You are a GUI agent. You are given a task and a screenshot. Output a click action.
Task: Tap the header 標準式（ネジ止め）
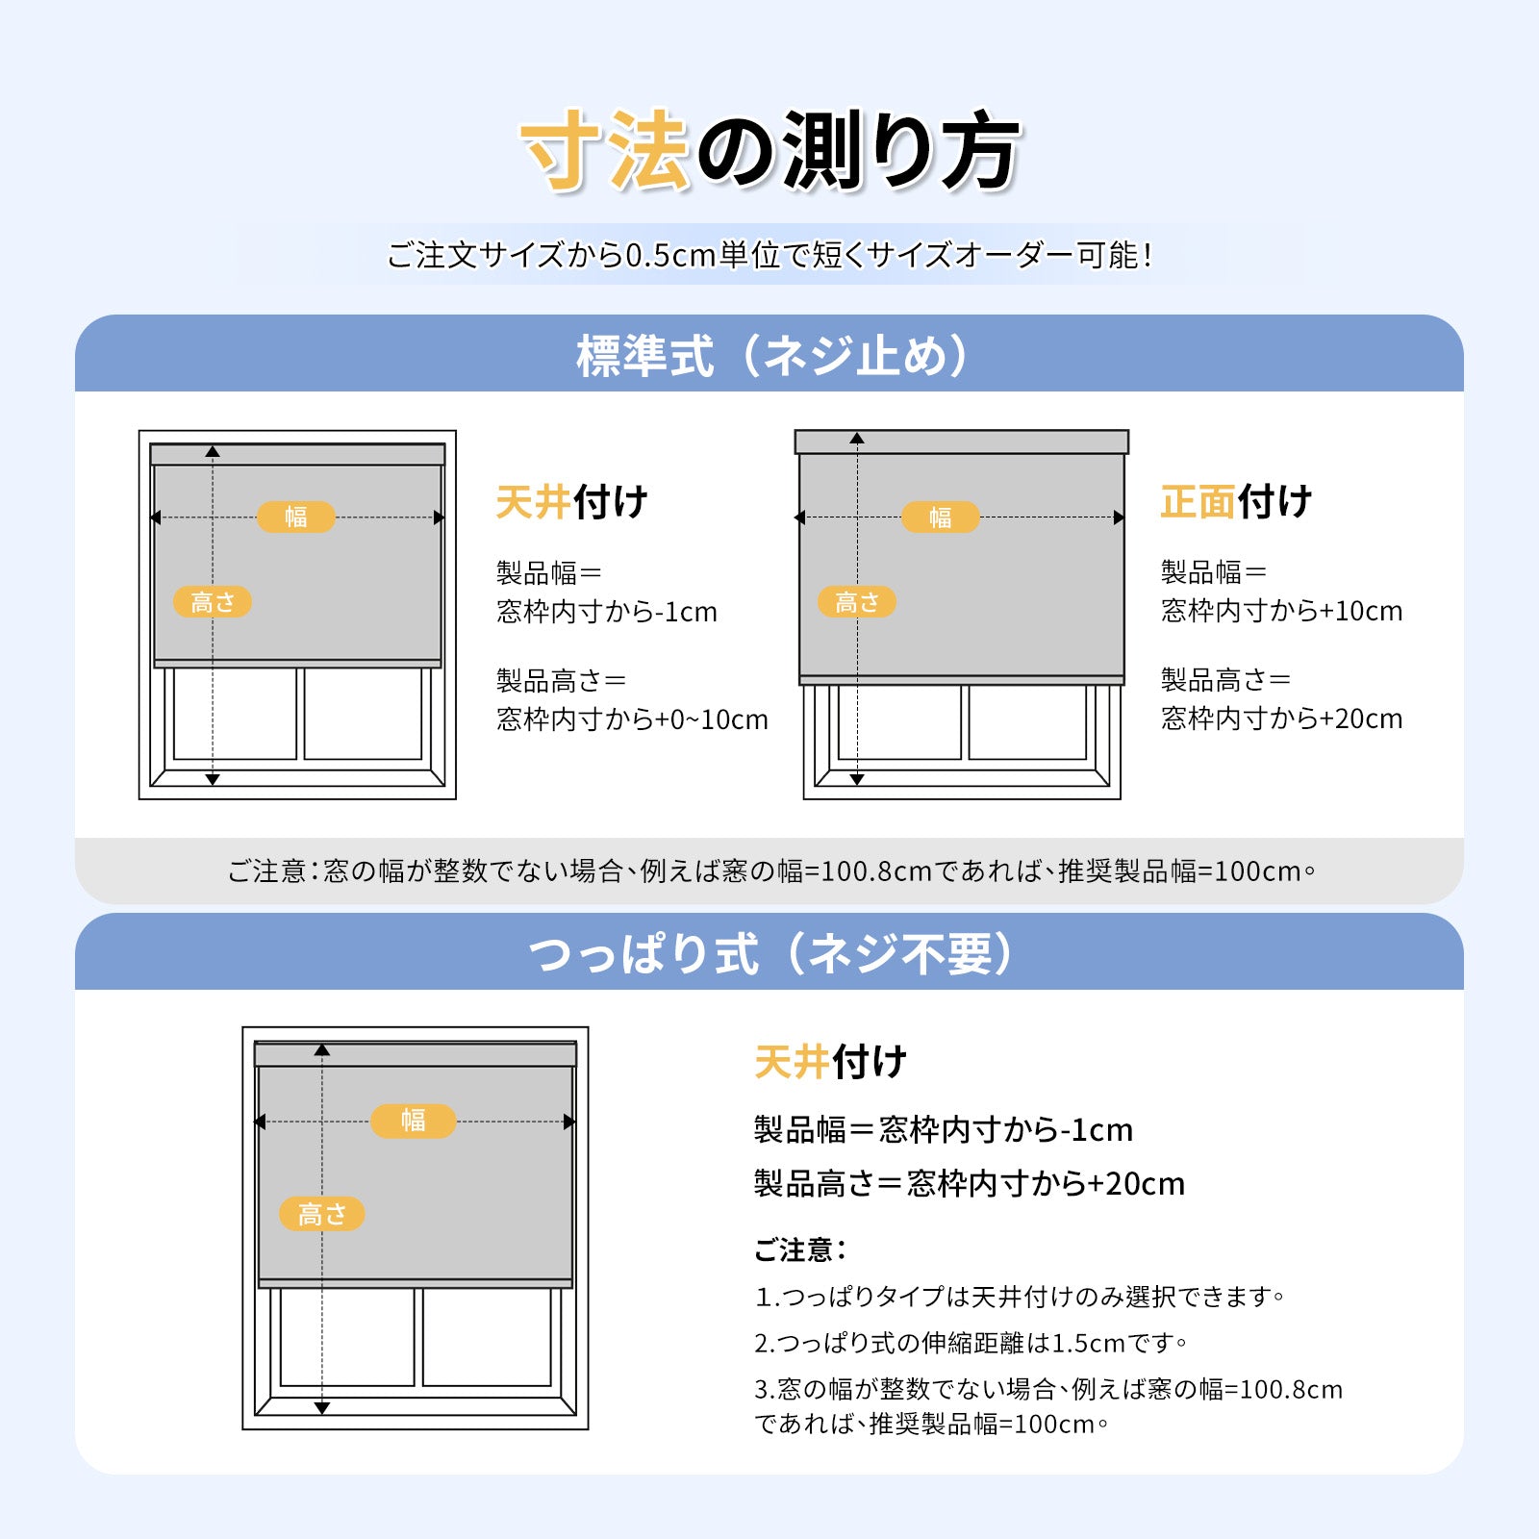pos(769,355)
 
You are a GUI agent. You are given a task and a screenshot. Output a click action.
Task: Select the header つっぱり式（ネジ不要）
pos(769,953)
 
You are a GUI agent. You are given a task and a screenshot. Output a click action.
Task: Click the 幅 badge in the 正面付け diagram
pos(940,517)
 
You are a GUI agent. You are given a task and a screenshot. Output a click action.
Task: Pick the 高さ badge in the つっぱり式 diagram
pos(321,1214)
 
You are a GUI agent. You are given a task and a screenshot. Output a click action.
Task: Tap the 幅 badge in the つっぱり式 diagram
pos(413,1121)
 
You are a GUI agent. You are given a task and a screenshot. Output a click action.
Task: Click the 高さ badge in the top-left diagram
pos(213,602)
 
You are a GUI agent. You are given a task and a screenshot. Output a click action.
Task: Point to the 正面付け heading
pos(1236,501)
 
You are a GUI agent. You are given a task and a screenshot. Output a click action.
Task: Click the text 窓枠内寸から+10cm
pos(1281,611)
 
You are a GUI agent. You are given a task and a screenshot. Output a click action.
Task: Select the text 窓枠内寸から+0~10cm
pos(632,719)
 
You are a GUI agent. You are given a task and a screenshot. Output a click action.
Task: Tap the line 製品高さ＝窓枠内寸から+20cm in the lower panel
pos(970,1183)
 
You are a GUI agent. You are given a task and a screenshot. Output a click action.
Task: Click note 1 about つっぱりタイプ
pos(1020,1297)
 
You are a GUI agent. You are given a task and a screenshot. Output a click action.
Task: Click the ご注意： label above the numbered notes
pos(800,1249)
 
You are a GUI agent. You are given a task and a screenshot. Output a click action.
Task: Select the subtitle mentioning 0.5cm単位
pos(769,255)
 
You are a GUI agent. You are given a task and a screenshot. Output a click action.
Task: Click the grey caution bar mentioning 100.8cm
pos(769,870)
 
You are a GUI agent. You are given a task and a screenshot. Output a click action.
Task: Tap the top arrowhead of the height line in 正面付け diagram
pos(857,439)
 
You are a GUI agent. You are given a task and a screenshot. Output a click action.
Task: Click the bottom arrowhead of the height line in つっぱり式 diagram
pos(322,1408)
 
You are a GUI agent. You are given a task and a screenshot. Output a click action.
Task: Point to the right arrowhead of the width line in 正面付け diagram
pos(1119,517)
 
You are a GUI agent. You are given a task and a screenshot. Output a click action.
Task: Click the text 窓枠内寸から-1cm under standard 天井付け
pos(607,612)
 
